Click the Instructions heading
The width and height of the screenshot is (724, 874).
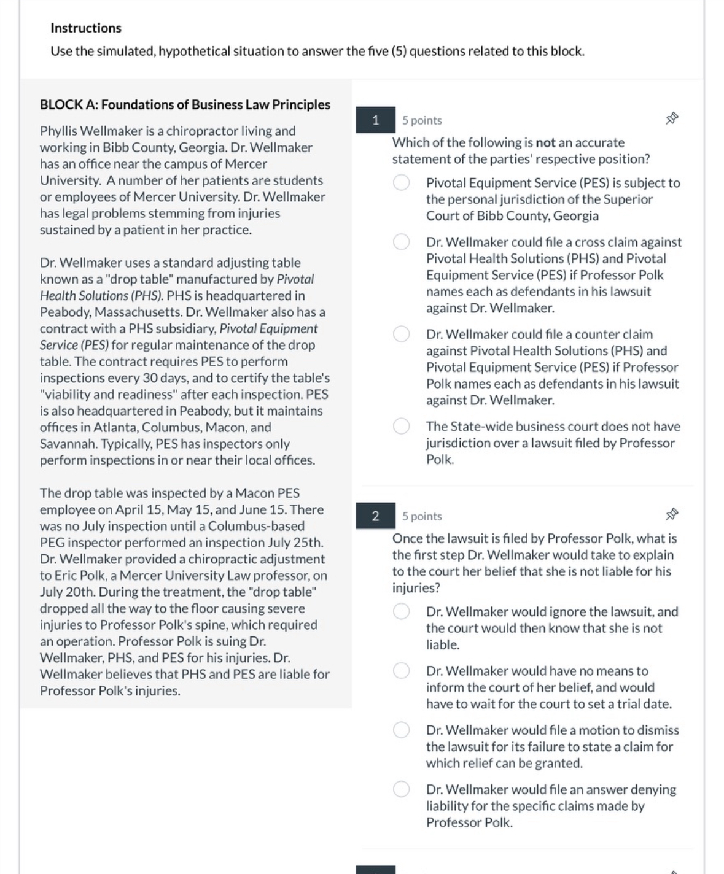(85, 28)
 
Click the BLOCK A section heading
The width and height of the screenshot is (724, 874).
(185, 105)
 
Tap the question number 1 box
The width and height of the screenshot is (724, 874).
(375, 120)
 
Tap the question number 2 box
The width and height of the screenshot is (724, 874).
(375, 516)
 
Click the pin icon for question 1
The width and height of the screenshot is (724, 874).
(672, 118)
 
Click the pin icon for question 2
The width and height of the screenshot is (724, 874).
(672, 514)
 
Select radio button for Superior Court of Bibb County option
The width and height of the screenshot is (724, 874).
(402, 183)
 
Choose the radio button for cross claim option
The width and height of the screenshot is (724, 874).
(402, 242)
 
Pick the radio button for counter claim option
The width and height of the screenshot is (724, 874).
(402, 335)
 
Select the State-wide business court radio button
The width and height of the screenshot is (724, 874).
(402, 427)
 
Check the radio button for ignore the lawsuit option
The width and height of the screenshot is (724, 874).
(402, 612)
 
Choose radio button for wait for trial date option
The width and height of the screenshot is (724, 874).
(402, 671)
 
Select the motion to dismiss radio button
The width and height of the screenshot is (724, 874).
(402, 730)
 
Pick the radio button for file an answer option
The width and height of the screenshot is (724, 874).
(402, 789)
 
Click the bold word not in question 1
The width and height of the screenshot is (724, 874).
(545, 143)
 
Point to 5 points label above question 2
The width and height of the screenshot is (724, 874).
(422, 517)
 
